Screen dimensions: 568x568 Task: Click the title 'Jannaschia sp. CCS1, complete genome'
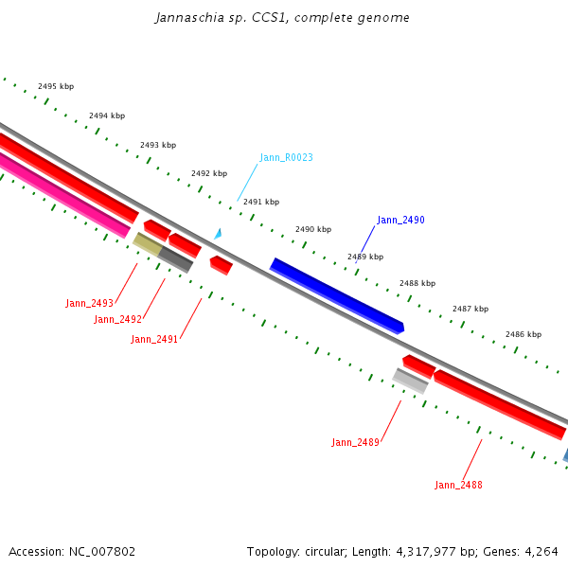[282, 18]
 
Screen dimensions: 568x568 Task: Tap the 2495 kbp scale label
[56, 86]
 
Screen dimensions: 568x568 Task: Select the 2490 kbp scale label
[313, 229]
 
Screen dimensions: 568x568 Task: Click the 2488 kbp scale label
[417, 283]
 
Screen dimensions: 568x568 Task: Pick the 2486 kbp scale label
[523, 334]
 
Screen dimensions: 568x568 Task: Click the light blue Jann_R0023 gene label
[286, 157]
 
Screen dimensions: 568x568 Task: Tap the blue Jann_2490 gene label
[400, 220]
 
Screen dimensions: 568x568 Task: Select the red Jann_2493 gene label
[89, 303]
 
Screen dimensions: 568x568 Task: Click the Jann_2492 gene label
[117, 319]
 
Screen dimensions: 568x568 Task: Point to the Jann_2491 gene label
[154, 339]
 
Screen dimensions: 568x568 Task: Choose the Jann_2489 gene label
[355, 442]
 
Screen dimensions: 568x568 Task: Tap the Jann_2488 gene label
[458, 485]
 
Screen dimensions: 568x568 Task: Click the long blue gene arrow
[337, 294]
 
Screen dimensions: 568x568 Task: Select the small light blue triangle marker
[218, 233]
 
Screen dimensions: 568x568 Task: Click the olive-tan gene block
[147, 243]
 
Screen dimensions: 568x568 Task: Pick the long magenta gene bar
[62, 194]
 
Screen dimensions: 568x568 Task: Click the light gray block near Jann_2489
[410, 381]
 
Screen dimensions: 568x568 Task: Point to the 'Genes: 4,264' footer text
[527, 551]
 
